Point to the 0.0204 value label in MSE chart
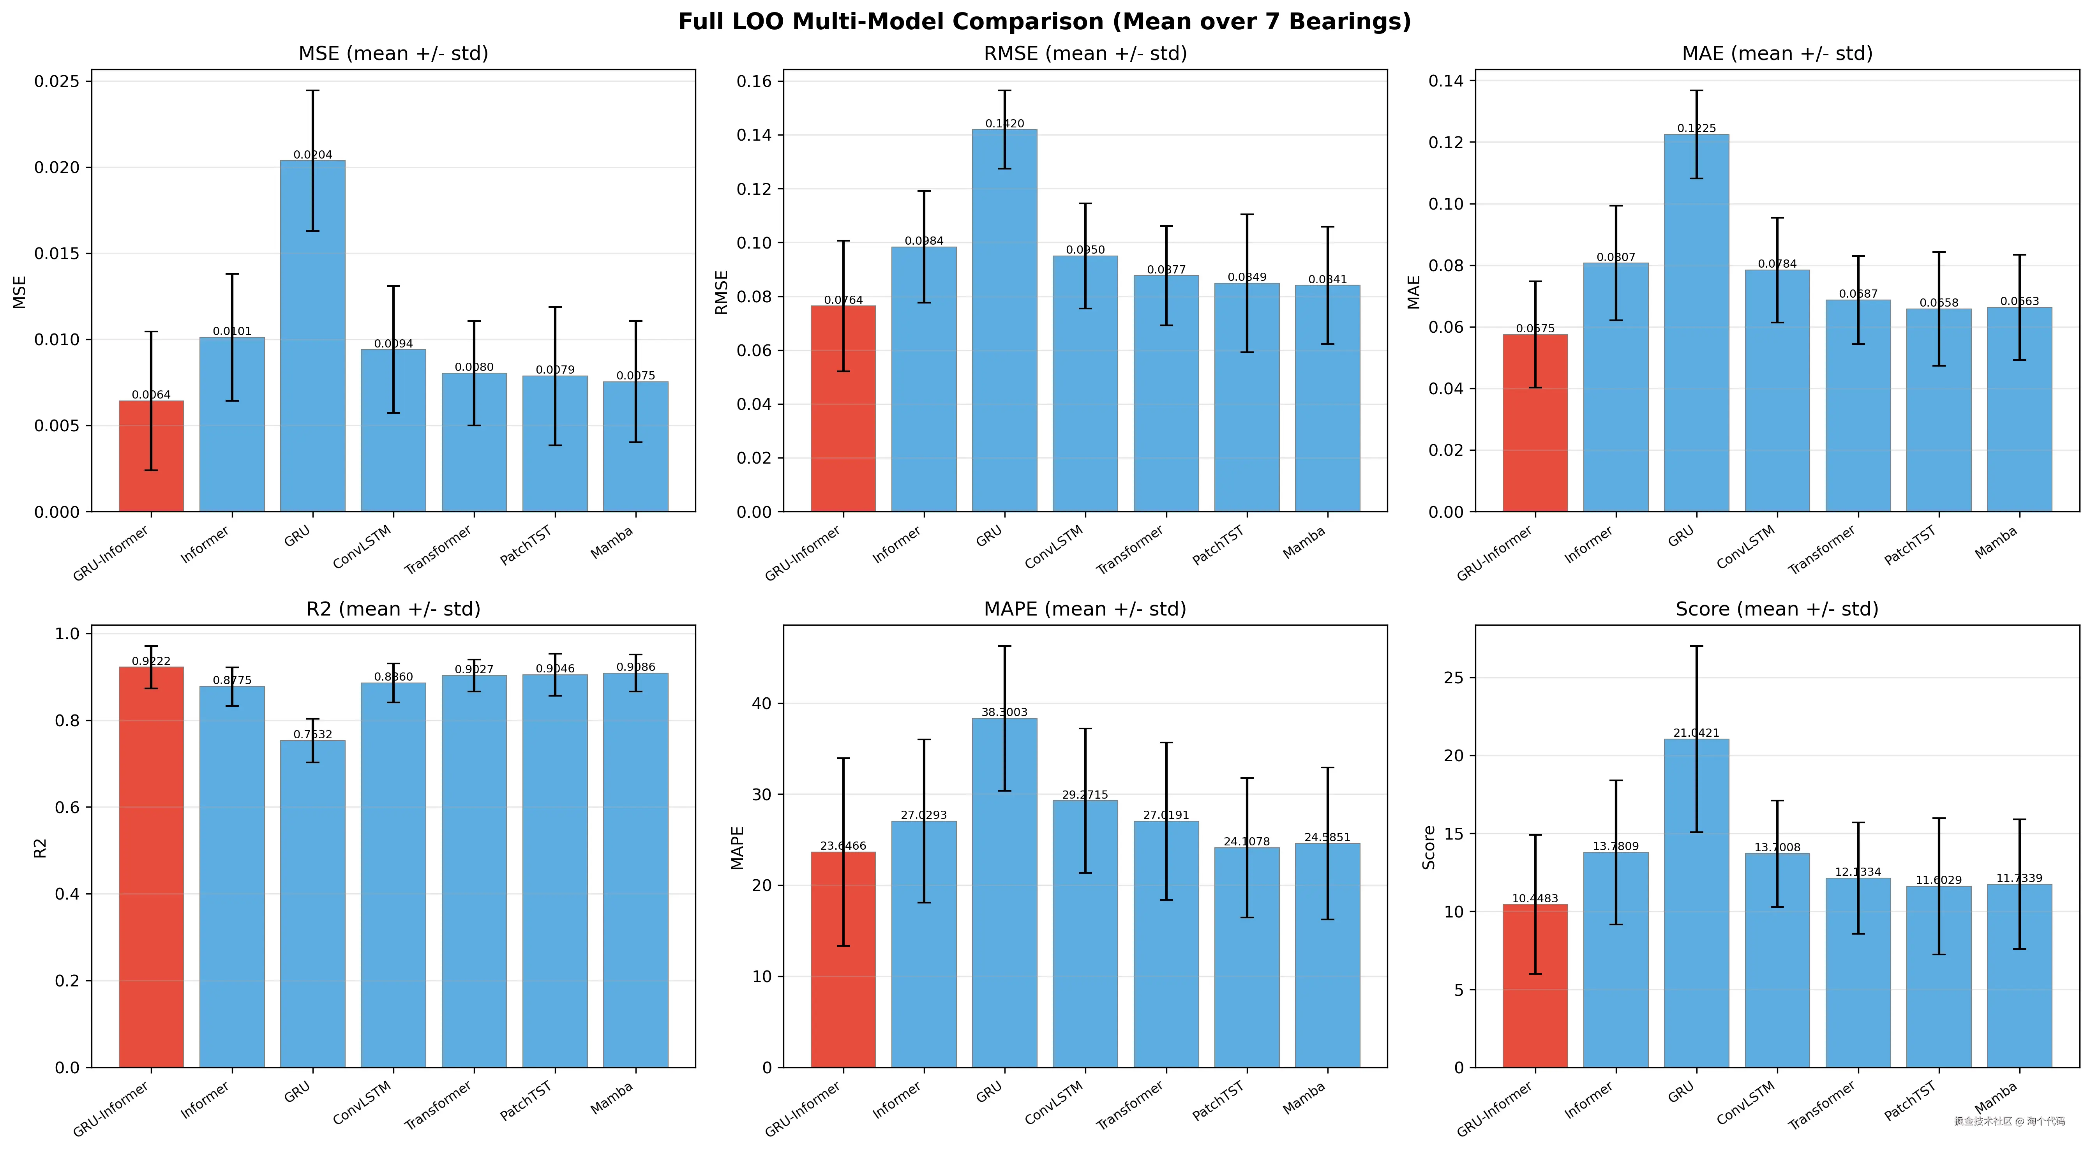[312, 154]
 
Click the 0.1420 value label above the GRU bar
[1004, 123]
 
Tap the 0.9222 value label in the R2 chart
[151, 661]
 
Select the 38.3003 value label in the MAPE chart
[1004, 712]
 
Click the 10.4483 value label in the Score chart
[1534, 898]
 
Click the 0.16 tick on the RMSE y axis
[753, 81]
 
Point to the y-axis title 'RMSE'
[721, 292]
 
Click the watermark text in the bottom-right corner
[2009, 1121]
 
